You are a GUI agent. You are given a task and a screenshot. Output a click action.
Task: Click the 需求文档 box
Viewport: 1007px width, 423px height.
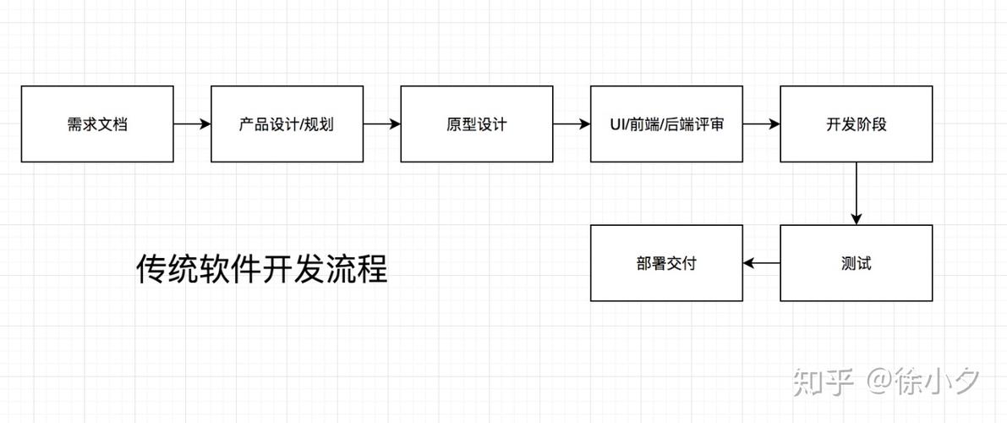tap(97, 124)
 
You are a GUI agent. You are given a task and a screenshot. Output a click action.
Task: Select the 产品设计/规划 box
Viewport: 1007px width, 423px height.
tap(287, 124)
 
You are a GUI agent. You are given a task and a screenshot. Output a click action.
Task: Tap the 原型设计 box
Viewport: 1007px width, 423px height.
tap(476, 124)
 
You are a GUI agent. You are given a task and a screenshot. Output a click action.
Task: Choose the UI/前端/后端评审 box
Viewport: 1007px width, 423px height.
tap(666, 124)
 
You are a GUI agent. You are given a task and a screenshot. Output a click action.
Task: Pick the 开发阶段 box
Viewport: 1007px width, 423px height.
tap(856, 124)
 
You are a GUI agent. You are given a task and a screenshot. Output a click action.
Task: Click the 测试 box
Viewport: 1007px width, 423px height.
tap(856, 263)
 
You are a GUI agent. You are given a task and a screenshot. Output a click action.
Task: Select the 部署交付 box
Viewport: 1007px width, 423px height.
tap(666, 263)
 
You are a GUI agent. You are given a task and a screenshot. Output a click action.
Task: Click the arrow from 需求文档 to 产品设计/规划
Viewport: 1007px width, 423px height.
tap(192, 124)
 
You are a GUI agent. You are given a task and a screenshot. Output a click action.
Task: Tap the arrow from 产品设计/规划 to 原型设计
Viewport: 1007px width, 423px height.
tap(381, 124)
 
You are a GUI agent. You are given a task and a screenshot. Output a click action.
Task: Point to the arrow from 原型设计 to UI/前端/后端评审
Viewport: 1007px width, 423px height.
tap(572, 124)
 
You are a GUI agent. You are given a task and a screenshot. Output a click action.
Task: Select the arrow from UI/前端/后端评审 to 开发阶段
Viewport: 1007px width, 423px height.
tap(761, 124)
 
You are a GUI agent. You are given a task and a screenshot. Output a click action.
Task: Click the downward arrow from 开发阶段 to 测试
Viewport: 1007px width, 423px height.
tap(856, 193)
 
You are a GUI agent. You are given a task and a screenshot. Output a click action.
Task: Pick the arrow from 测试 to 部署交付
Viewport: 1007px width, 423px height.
tap(761, 264)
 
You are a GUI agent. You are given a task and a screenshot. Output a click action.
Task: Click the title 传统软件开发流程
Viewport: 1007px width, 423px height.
tap(261, 270)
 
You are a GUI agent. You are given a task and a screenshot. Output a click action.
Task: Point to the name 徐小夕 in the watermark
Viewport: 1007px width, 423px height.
tap(939, 382)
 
